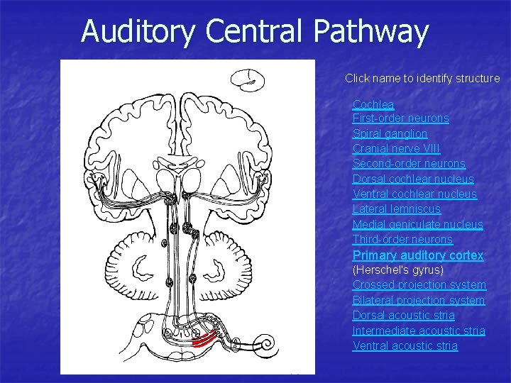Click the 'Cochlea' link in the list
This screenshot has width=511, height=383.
point(373,104)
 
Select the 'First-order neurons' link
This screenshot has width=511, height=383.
point(400,118)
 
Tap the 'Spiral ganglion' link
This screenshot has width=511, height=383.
point(390,133)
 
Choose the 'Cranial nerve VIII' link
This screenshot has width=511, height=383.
point(396,148)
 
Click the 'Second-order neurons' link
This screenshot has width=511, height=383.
point(409,164)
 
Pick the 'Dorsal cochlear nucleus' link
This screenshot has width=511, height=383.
point(413,179)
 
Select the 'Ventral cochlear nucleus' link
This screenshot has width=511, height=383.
point(414,194)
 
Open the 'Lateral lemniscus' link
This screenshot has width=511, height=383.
point(396,209)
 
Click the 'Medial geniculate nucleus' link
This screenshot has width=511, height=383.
point(417,225)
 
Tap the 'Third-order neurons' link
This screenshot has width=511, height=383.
point(402,240)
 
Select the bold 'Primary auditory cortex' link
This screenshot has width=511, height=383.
point(418,255)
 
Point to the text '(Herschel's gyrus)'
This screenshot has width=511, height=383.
point(398,270)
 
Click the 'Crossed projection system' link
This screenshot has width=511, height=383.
point(419,285)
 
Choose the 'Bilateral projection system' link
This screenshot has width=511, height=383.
point(419,300)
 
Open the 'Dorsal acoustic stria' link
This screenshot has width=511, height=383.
point(403,316)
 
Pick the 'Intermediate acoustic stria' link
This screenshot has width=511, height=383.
point(419,331)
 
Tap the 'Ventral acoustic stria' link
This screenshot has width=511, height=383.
point(405,346)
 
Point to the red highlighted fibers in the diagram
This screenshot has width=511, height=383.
point(206,339)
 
